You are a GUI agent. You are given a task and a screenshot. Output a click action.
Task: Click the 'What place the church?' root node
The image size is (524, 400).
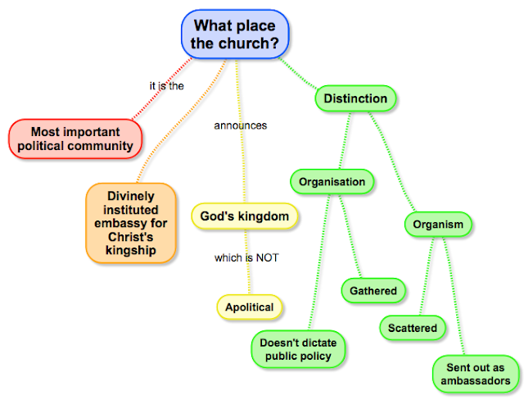pos(235,34)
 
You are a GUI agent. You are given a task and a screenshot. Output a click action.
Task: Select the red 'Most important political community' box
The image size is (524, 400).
pos(75,139)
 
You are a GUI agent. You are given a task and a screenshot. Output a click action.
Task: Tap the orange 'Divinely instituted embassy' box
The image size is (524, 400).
pos(131,223)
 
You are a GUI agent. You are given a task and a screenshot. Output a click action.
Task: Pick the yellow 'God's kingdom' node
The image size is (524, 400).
pos(244,216)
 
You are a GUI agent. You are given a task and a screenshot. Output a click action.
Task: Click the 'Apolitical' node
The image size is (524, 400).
pos(250,307)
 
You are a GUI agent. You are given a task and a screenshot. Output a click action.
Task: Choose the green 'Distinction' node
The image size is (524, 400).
pos(355,99)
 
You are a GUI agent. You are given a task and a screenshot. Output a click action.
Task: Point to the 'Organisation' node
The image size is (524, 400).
pos(331,181)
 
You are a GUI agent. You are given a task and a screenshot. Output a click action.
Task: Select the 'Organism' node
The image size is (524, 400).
pos(438,225)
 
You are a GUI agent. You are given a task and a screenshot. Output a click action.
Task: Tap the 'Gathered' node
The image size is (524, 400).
pos(373,290)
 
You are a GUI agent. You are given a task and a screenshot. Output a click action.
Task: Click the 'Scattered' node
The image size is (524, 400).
pos(413,328)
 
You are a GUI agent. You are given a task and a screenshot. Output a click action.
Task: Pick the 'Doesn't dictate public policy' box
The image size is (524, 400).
pos(298,349)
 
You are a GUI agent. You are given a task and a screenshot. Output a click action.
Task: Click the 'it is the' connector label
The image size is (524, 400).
pos(166,85)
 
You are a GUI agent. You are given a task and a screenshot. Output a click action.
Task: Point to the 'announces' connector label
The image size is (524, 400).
pos(240,125)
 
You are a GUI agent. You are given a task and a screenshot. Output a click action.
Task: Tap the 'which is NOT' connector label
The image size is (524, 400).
pos(246,257)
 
